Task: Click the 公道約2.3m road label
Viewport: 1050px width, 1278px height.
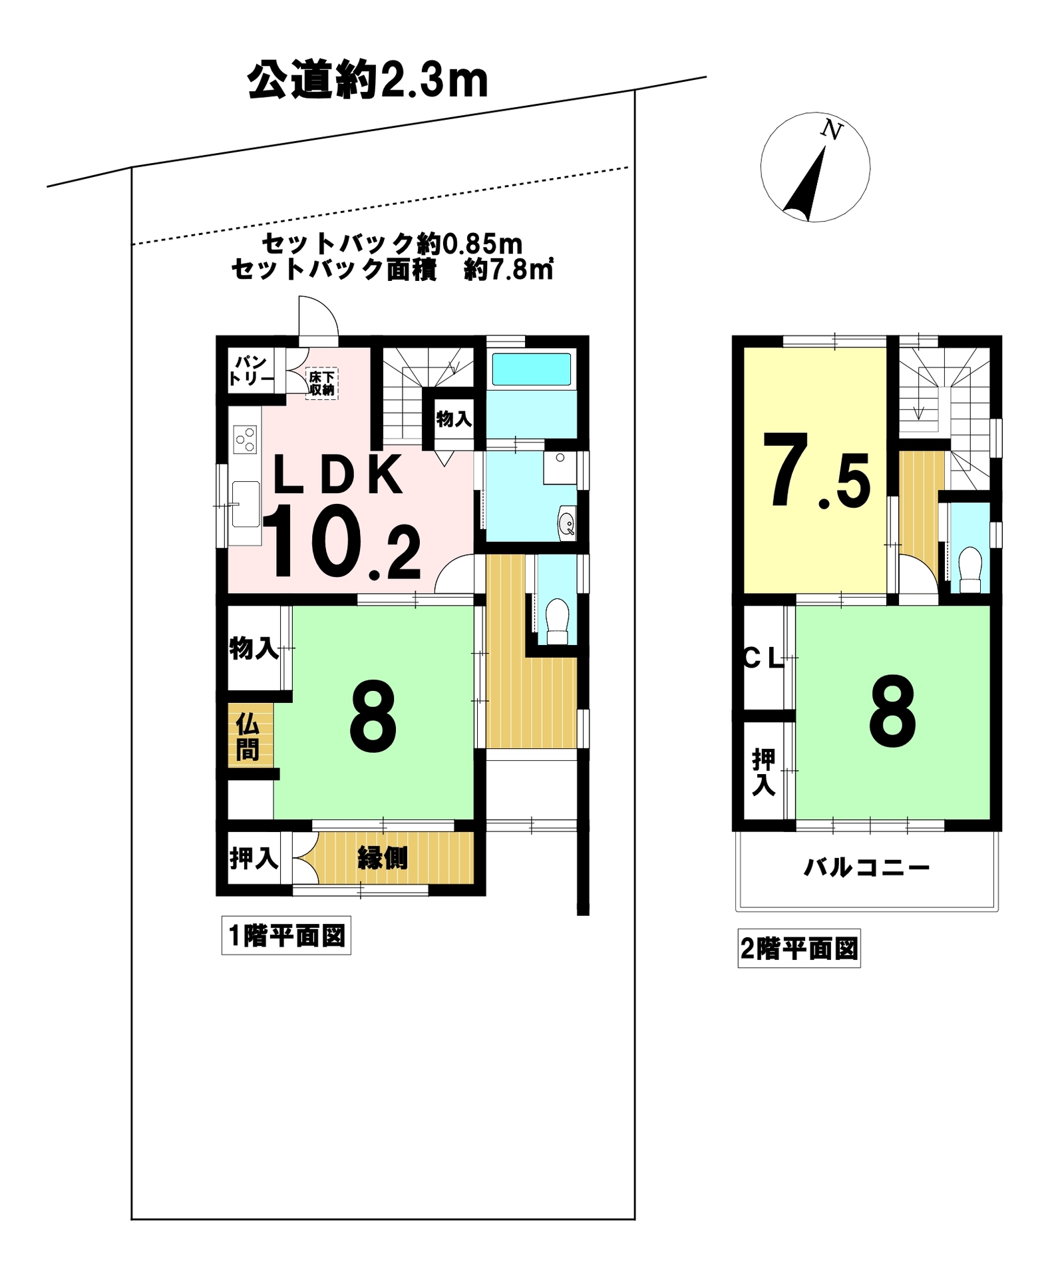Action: pyautogui.click(x=367, y=82)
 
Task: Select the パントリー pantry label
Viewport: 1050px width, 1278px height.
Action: pyautogui.click(x=251, y=371)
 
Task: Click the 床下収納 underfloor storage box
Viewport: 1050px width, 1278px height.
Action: pyautogui.click(x=322, y=383)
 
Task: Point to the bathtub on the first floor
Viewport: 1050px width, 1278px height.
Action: pyautogui.click(x=531, y=369)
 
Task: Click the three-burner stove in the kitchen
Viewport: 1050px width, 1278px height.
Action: pyautogui.click(x=245, y=439)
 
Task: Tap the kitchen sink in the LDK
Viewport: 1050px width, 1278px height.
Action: pyautogui.click(x=246, y=504)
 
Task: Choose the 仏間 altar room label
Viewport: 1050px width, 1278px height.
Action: pyautogui.click(x=248, y=737)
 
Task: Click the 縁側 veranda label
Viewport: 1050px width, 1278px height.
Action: pyautogui.click(x=383, y=858)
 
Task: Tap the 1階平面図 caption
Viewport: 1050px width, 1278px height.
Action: pyautogui.click(x=286, y=936)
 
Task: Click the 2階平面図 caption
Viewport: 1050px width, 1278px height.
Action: pyautogui.click(x=799, y=949)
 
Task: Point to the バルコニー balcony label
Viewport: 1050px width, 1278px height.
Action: pyautogui.click(x=866, y=867)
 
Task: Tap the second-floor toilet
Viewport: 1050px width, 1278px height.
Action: pyautogui.click(x=970, y=569)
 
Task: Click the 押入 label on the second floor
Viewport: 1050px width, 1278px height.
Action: pyautogui.click(x=764, y=771)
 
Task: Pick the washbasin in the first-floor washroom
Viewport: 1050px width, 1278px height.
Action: pyautogui.click(x=567, y=523)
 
